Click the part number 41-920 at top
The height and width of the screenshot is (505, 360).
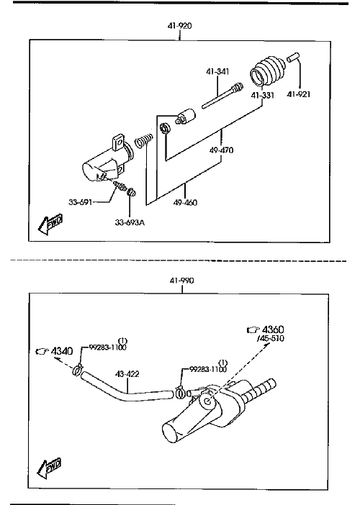click(179, 26)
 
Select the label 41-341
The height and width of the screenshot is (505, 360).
click(217, 71)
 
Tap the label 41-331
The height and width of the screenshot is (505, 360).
click(263, 96)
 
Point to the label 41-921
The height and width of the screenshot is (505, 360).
click(299, 94)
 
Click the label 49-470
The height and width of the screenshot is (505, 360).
click(222, 150)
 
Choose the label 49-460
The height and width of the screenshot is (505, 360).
click(185, 203)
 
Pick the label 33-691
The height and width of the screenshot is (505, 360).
click(80, 202)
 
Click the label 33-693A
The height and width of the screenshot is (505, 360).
click(130, 222)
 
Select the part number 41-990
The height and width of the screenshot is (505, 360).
click(182, 281)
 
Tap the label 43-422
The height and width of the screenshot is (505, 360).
click(127, 374)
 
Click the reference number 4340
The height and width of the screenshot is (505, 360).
click(62, 351)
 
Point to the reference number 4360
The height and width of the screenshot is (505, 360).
click(274, 329)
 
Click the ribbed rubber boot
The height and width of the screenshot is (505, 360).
click(268, 71)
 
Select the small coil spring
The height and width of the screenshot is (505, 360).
click(143, 141)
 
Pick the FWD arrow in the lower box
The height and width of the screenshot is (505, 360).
click(50, 468)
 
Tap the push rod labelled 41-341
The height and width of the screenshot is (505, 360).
click(222, 96)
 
